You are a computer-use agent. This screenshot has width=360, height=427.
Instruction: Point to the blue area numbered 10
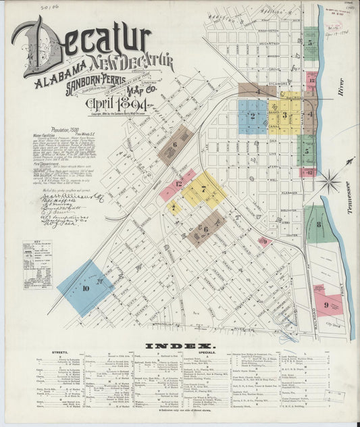pos(84,288)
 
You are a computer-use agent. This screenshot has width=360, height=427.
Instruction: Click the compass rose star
pos(330,180)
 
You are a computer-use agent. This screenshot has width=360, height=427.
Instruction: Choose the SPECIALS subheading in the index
pos(207,352)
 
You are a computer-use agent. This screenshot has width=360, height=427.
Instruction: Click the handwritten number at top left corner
pos(30,7)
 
